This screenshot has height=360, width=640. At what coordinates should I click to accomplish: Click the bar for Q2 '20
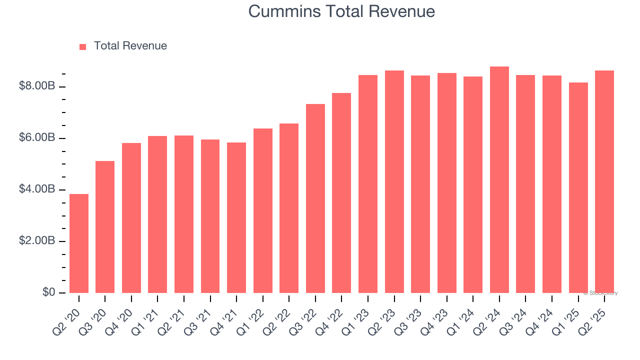(x=79, y=243)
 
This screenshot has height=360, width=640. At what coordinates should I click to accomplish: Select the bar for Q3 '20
(x=105, y=227)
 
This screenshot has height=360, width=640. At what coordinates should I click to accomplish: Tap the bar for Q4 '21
(x=236, y=217)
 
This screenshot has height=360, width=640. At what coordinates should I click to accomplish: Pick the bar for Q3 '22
(x=315, y=198)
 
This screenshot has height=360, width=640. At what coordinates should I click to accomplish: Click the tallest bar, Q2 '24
(x=499, y=179)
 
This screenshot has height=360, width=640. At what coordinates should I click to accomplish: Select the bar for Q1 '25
(x=578, y=187)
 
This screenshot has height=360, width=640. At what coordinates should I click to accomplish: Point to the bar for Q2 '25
(x=604, y=181)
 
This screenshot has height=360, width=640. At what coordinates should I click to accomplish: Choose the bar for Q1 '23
(x=368, y=184)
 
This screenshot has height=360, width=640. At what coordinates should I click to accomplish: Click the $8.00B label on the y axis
(x=37, y=86)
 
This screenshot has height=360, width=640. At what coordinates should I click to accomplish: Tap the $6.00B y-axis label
(x=37, y=138)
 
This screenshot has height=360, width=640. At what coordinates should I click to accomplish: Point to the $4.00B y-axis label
(x=37, y=189)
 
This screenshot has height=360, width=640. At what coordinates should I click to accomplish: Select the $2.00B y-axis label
(x=37, y=241)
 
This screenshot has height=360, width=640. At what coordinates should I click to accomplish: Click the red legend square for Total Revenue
(x=83, y=46)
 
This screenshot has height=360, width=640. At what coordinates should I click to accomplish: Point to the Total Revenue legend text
(x=130, y=46)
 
